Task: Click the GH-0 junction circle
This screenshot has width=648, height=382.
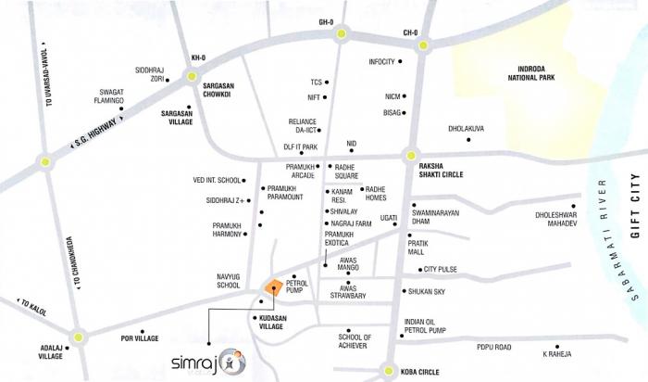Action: [x=343, y=35]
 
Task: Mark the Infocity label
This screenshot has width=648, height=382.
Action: [x=382, y=62]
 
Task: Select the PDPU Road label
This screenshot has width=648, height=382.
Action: [x=493, y=347]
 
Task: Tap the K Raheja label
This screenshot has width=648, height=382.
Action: [x=556, y=354]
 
